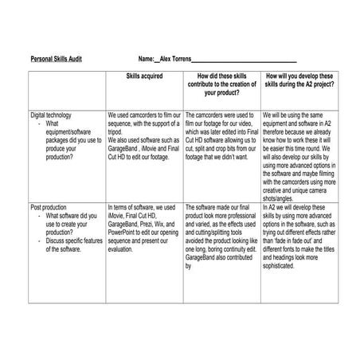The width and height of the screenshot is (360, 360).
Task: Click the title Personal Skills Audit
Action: [56, 59]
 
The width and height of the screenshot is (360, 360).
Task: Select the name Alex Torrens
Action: [176, 59]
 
